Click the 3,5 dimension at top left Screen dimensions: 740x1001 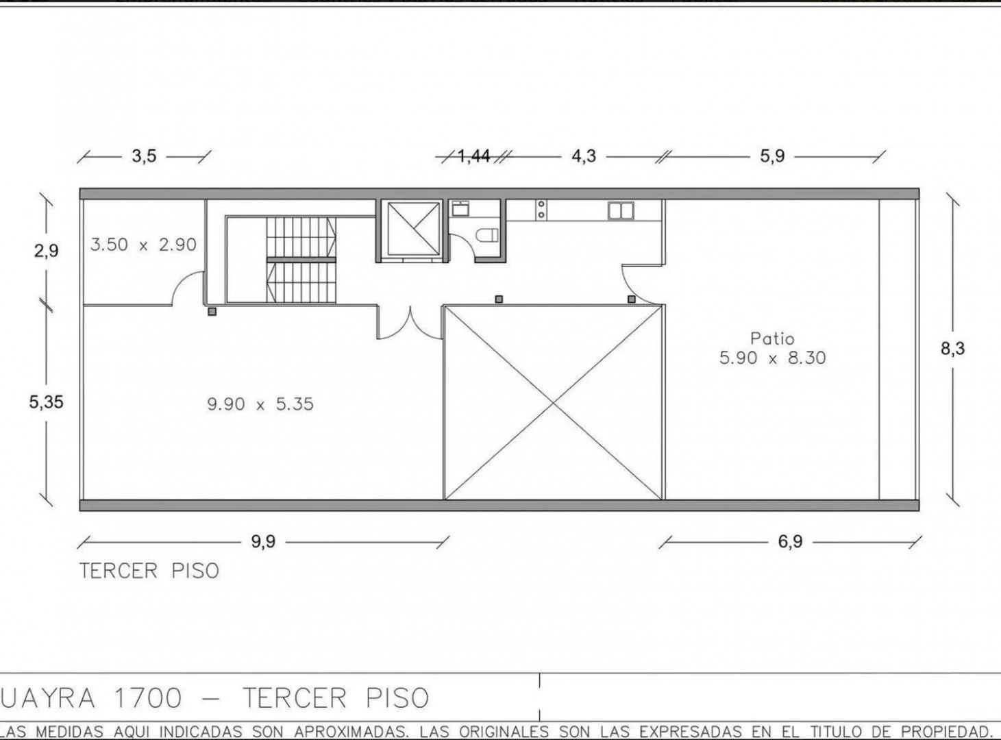coord(144,156)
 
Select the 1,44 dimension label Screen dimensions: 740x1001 coord(473,156)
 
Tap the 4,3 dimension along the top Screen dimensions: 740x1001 coord(584,156)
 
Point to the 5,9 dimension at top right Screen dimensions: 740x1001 coord(771,156)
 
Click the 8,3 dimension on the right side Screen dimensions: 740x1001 coord(952,349)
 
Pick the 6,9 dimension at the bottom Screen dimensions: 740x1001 coord(789,542)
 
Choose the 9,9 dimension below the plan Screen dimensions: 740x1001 coord(262,542)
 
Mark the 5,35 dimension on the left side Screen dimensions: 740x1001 coord(46,402)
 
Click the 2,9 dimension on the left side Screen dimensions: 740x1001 coord(46,251)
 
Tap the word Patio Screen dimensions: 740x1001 coord(772,338)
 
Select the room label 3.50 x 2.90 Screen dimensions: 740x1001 coord(143,245)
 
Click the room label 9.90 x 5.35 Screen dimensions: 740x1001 coord(260,404)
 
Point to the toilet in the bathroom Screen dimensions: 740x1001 coord(487,236)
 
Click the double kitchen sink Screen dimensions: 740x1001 coord(621,210)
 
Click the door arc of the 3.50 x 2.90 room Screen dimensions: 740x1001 coord(186,288)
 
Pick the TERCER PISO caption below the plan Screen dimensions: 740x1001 coord(149,571)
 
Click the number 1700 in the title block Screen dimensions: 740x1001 coord(149,698)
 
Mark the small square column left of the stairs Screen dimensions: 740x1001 coord(212,312)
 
